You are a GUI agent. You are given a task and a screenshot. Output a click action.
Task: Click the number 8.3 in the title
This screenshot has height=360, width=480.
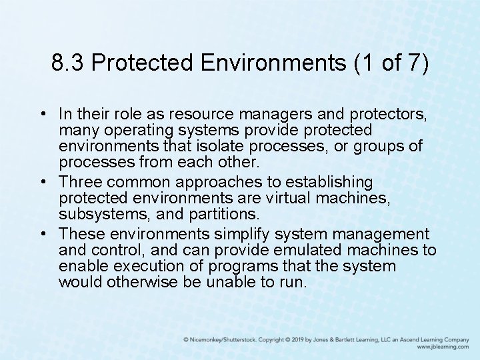(x=69, y=63)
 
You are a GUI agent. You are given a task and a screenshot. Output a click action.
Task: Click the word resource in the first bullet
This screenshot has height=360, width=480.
(x=200, y=114)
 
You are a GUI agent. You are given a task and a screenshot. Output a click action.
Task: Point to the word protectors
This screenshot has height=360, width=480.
(x=389, y=114)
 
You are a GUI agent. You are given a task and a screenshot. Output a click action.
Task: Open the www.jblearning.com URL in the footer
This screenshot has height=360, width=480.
(x=443, y=347)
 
